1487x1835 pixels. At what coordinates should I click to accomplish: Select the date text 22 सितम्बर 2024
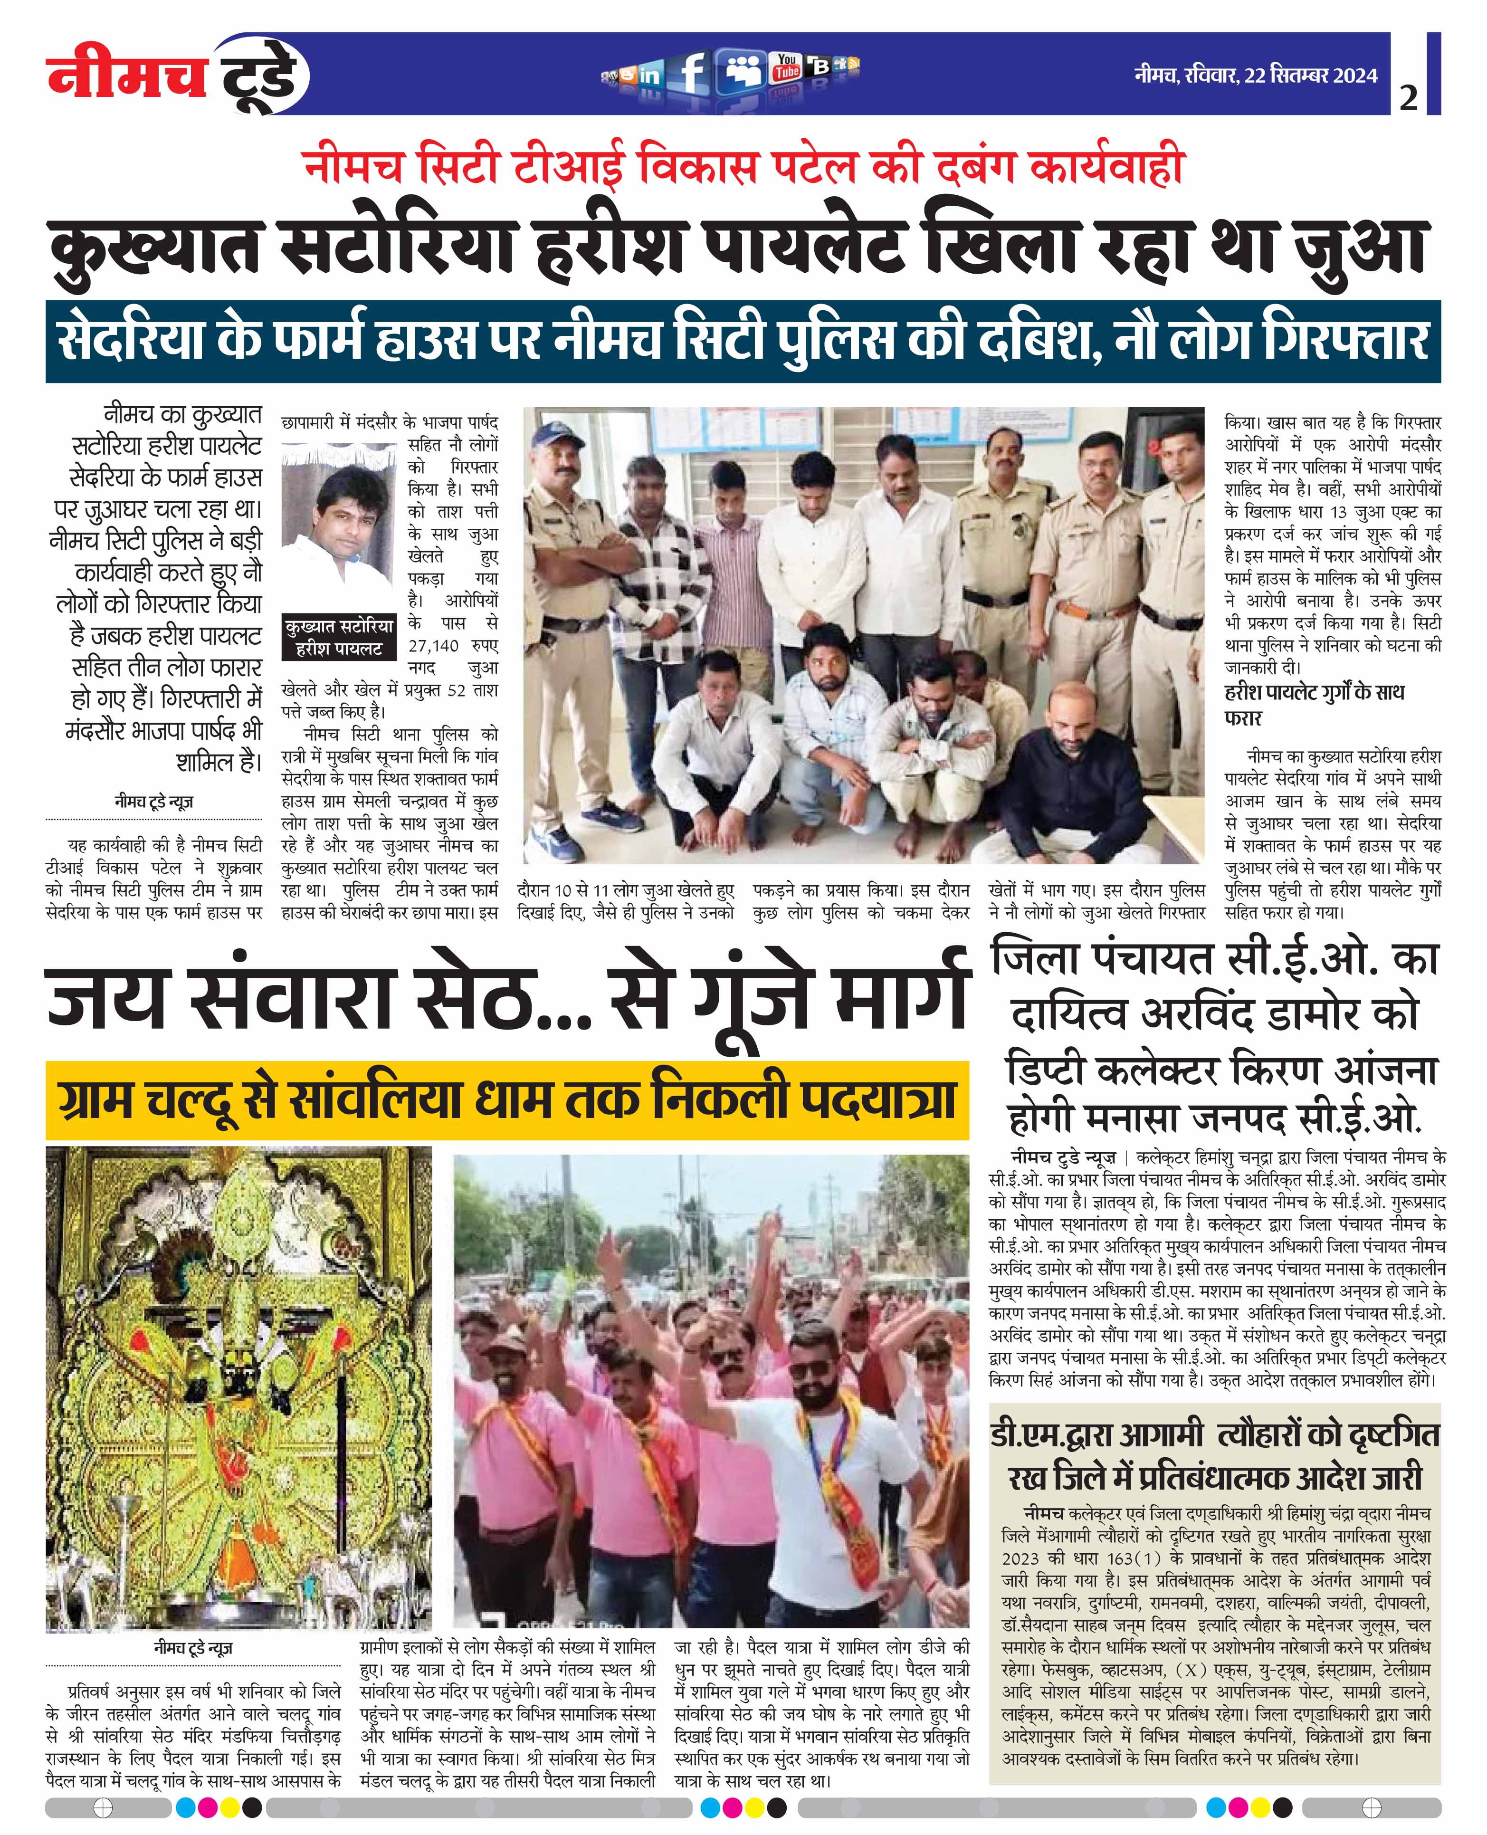tap(1311, 76)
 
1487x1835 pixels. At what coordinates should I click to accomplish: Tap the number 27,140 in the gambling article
tap(433, 645)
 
